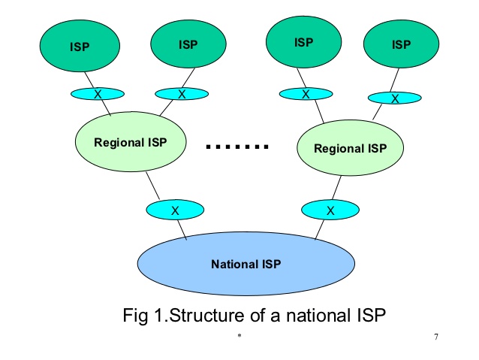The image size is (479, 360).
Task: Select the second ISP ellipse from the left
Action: (188, 44)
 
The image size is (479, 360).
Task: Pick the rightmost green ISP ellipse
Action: (401, 44)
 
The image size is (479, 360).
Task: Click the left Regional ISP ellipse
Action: (131, 142)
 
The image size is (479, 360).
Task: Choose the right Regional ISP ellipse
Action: (350, 147)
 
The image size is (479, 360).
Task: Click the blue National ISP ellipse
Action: (246, 263)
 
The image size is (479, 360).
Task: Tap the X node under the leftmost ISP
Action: (97, 94)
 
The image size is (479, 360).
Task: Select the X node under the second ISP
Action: (181, 94)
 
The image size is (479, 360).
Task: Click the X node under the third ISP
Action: (306, 94)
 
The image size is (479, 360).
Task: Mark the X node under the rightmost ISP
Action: (393, 98)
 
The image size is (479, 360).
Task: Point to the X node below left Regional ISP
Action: (174, 210)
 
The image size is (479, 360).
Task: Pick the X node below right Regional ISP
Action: (330, 210)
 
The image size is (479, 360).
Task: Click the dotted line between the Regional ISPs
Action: (237, 147)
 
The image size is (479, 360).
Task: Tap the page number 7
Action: (435, 336)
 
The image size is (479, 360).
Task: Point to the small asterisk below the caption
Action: (239, 337)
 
